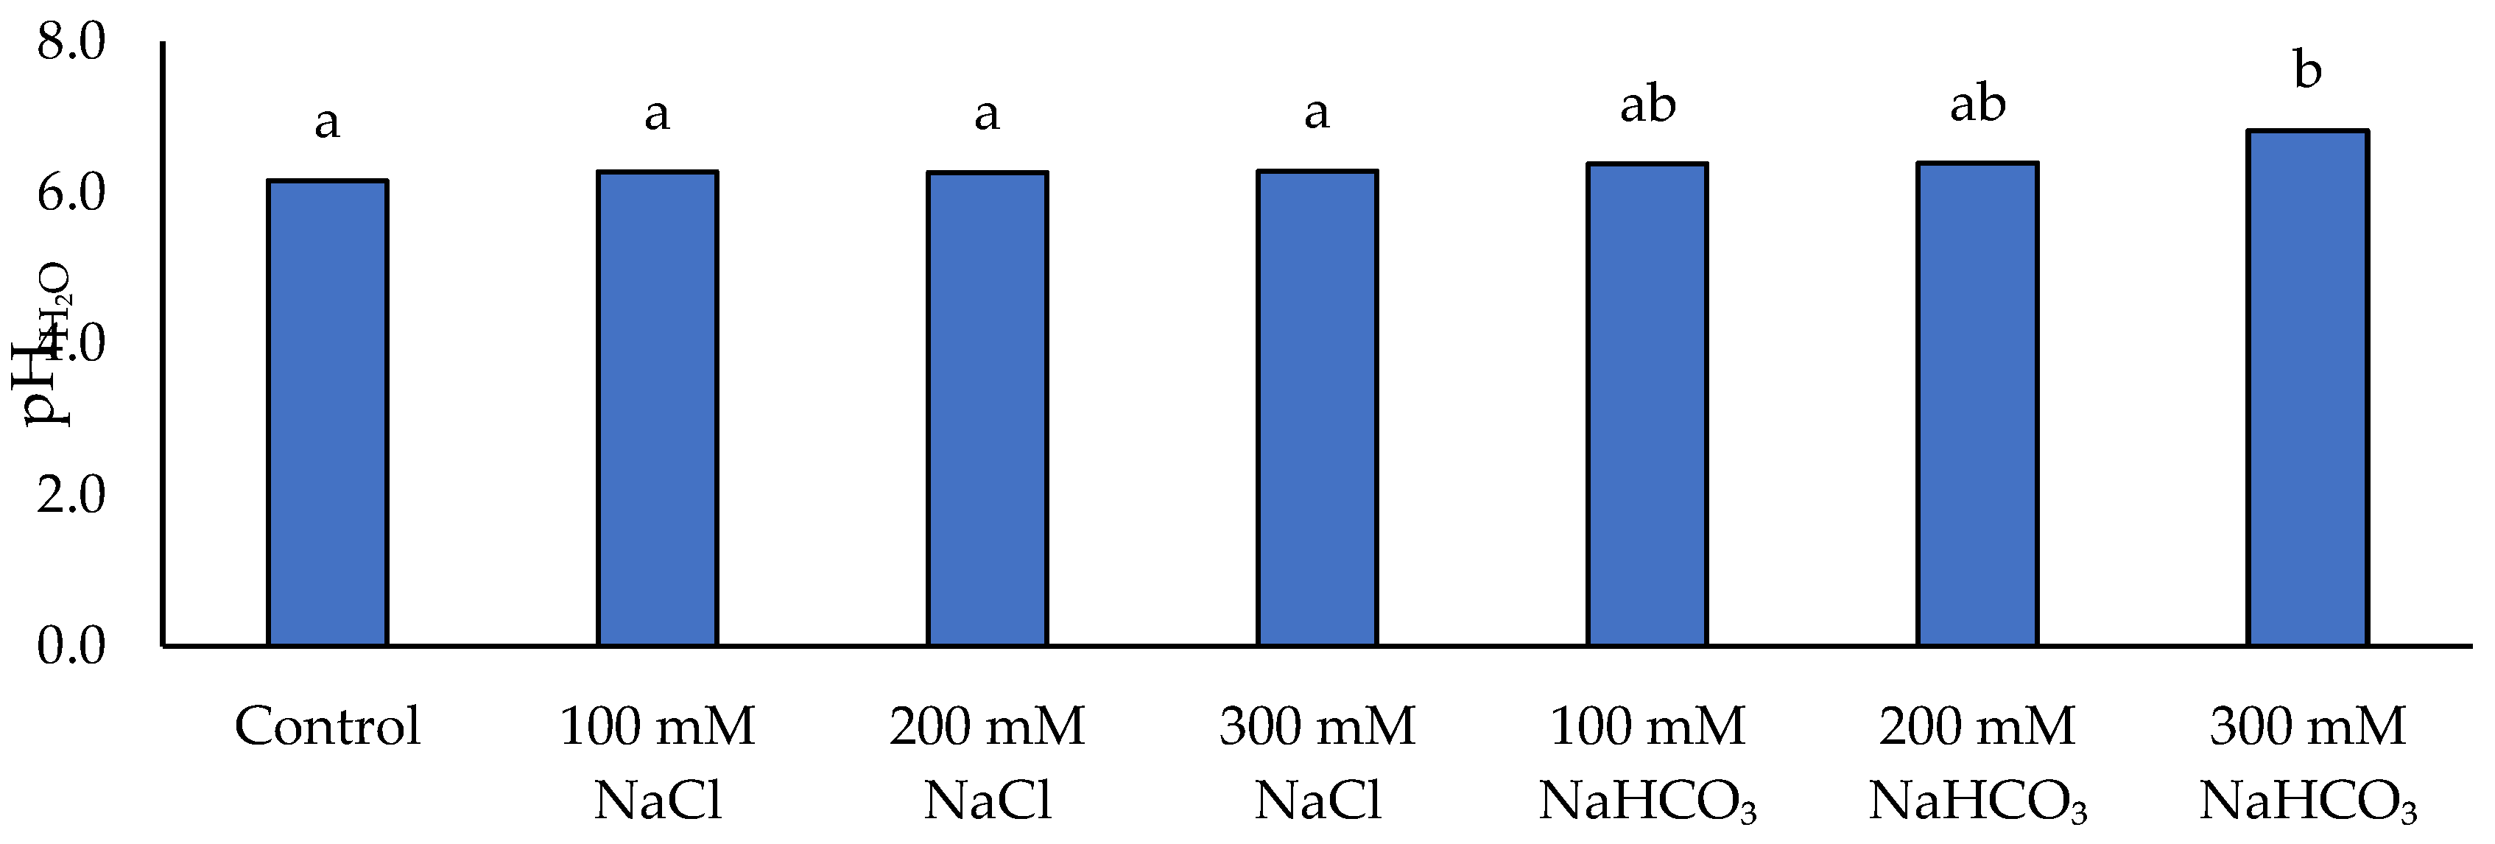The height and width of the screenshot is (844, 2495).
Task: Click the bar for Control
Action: pos(328,413)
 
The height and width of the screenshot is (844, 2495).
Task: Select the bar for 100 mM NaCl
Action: pos(658,408)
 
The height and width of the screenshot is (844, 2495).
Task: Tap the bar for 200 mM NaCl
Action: pos(987,409)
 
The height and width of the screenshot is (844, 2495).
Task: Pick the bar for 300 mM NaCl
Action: pos(1317,408)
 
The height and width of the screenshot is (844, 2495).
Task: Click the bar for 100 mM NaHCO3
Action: pos(1647,404)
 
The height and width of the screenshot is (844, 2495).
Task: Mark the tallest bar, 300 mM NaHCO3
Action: pos(2307,387)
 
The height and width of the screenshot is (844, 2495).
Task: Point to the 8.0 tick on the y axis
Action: pos(71,43)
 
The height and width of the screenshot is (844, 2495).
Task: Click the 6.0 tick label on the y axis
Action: pos(71,194)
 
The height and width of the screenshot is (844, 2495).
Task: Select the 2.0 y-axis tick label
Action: pos(71,495)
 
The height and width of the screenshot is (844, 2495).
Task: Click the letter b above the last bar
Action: pos(2308,70)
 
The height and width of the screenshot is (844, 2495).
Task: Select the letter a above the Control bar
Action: pos(328,123)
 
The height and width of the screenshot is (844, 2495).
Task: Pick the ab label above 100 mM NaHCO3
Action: pos(1647,105)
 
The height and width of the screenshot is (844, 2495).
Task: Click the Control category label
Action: pos(328,727)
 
